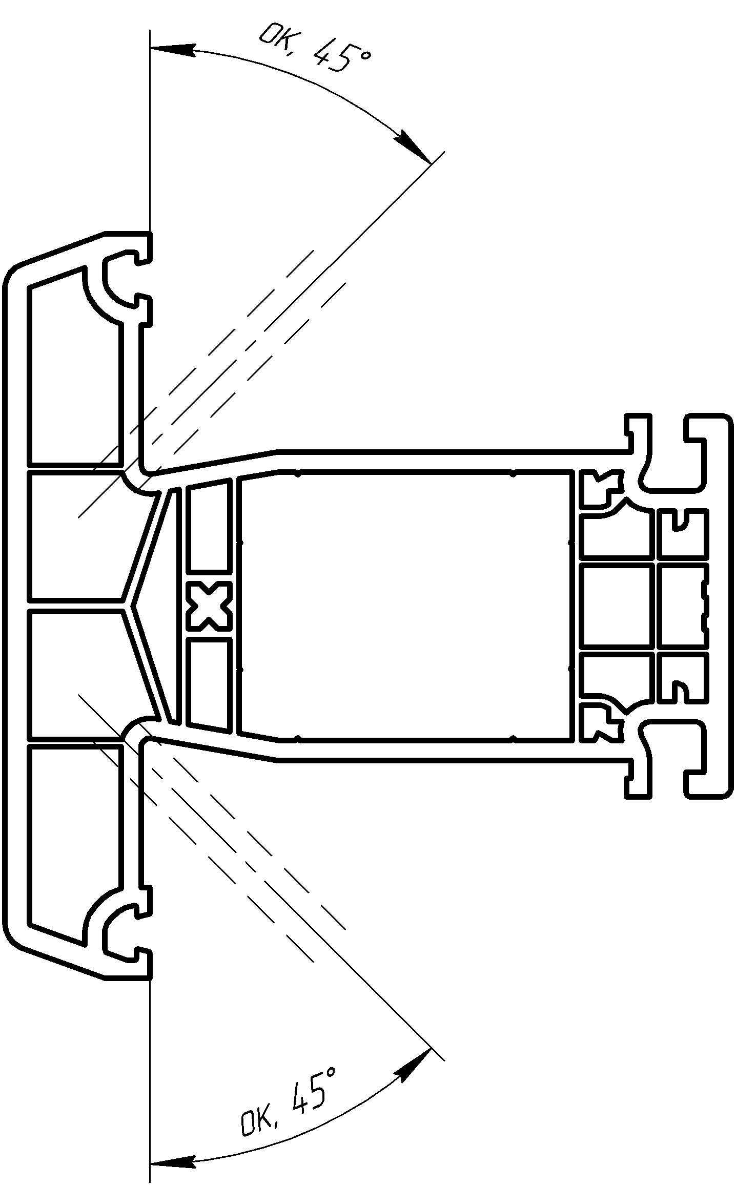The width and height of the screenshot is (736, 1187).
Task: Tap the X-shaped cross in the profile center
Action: coord(208,606)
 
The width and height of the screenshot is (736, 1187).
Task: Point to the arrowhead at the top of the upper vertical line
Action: coord(173,50)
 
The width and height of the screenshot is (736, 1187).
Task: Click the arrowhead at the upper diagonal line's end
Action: coord(414,147)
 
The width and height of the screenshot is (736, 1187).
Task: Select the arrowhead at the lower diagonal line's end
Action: coord(414,1064)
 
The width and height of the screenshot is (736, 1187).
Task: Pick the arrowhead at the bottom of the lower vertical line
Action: coord(173,1161)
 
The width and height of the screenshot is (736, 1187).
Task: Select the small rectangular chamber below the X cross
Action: coord(208,684)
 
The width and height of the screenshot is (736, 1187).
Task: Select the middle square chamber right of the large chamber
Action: coord(618,605)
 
